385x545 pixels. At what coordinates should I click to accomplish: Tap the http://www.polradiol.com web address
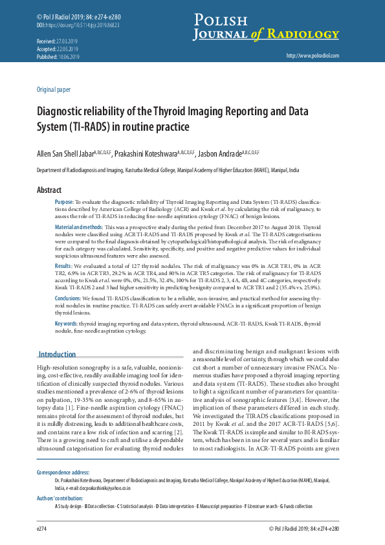tap(312, 56)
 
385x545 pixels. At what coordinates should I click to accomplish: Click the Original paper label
tap(54, 89)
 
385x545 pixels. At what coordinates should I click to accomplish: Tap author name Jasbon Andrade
tap(221, 154)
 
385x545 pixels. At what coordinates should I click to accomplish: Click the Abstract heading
tap(49, 190)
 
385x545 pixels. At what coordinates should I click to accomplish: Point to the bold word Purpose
tap(64, 203)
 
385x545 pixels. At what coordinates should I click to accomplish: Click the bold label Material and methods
tap(78, 228)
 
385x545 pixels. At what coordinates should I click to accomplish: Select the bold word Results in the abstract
tap(63, 265)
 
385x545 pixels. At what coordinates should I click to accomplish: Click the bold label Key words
tap(66, 322)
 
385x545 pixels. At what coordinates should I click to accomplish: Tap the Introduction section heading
tap(57, 354)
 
